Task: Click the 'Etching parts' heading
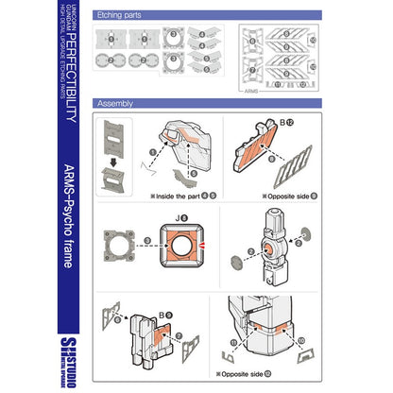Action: tap(120, 16)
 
